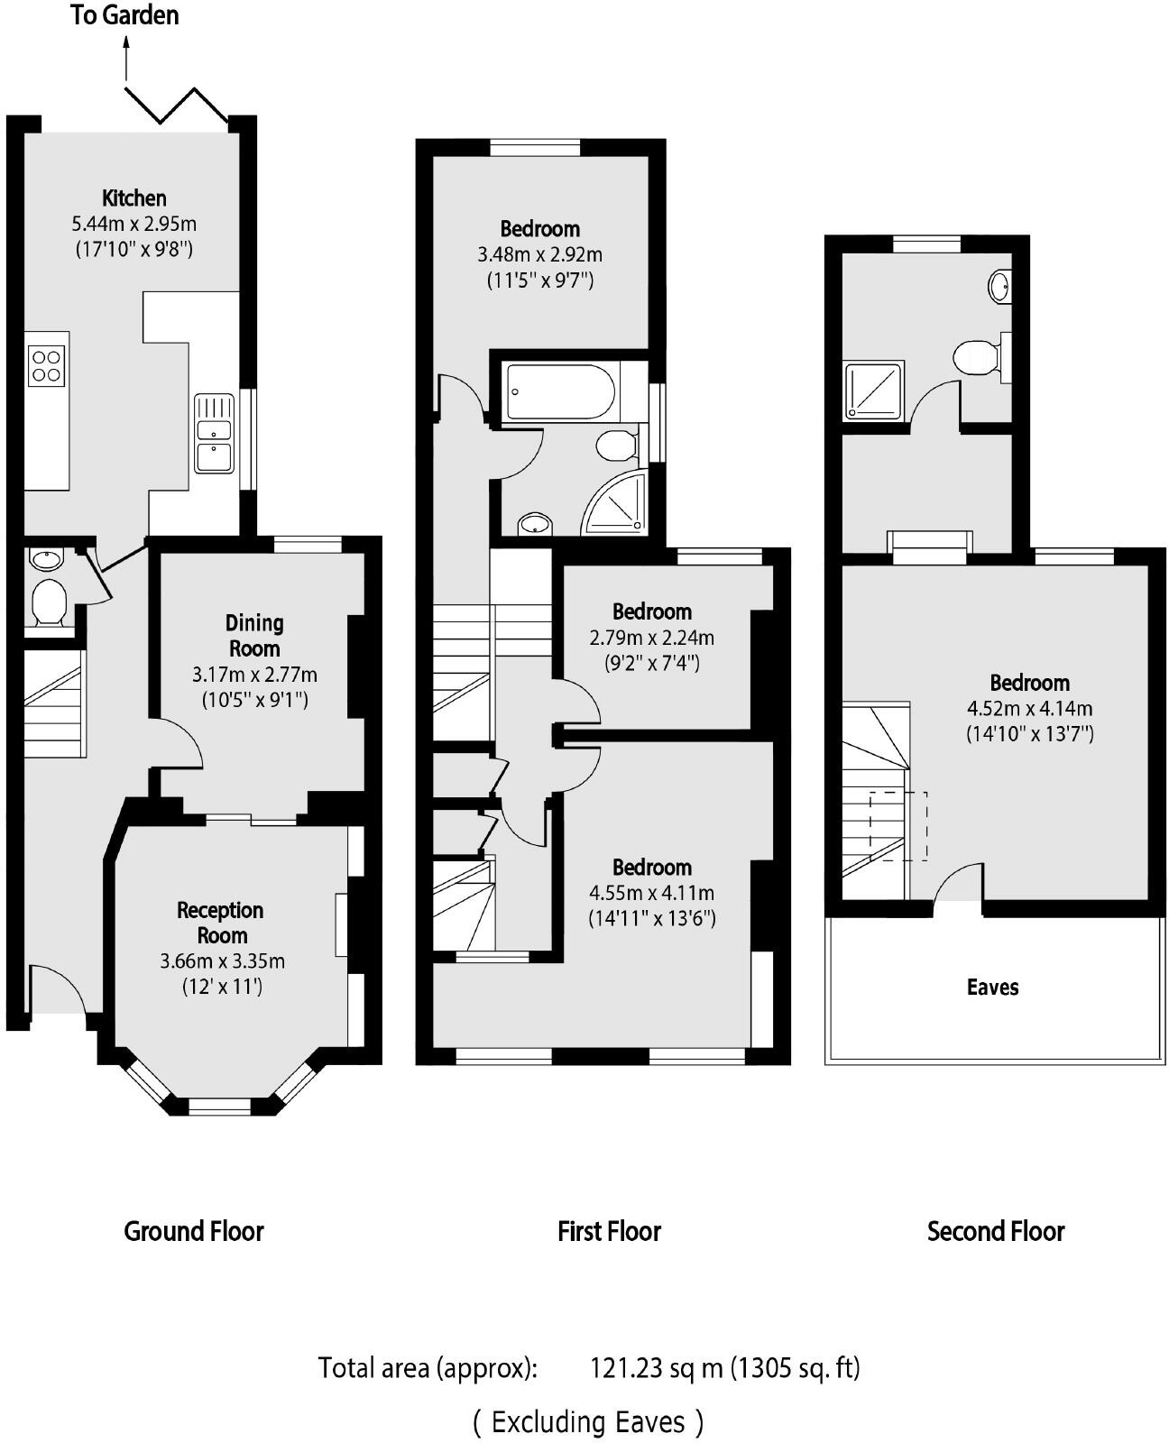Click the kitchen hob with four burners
(46, 365)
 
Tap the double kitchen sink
(214, 433)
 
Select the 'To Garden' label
(124, 15)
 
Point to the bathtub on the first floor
(560, 391)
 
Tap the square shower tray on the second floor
(873, 391)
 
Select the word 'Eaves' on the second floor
(992, 987)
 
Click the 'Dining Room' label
(254, 635)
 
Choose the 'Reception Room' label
(221, 922)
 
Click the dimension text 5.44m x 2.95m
(133, 224)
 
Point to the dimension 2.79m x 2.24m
(651, 638)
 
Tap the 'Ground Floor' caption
(193, 1231)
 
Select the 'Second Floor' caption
(996, 1231)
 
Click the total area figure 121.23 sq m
(656, 1368)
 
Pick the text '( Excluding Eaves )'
(588, 1422)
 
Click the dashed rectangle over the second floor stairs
(897, 825)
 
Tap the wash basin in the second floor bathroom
(999, 286)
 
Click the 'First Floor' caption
(609, 1231)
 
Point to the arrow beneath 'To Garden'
(125, 59)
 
